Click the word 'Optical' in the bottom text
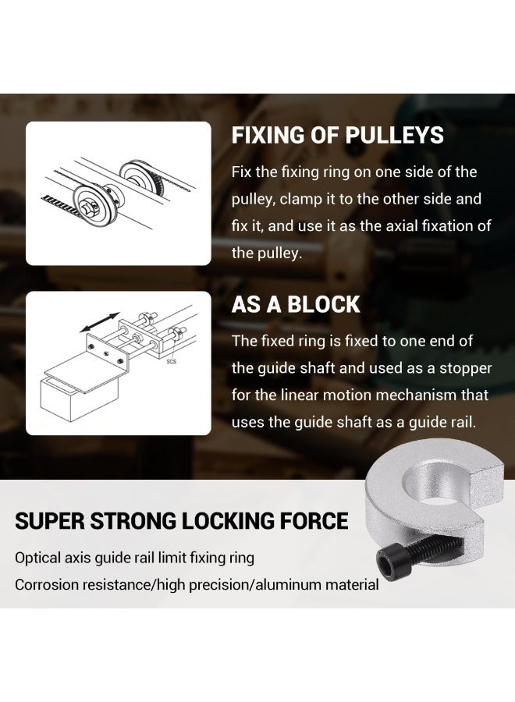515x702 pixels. [39, 558]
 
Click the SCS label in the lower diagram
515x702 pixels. [170, 362]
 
